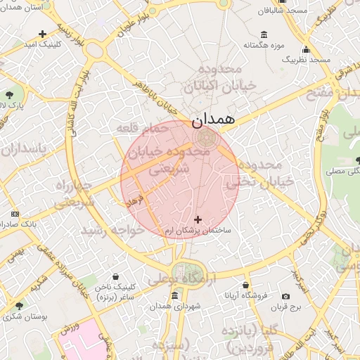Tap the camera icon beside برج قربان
click(x=285, y=297)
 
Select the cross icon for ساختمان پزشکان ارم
click(x=197, y=220)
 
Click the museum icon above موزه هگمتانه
click(x=264, y=34)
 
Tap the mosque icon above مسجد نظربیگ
click(x=306, y=49)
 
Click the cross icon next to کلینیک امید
click(x=43, y=33)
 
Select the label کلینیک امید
click(x=43, y=44)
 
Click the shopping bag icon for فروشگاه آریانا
click(x=245, y=285)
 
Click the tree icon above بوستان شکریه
click(x=19, y=307)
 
